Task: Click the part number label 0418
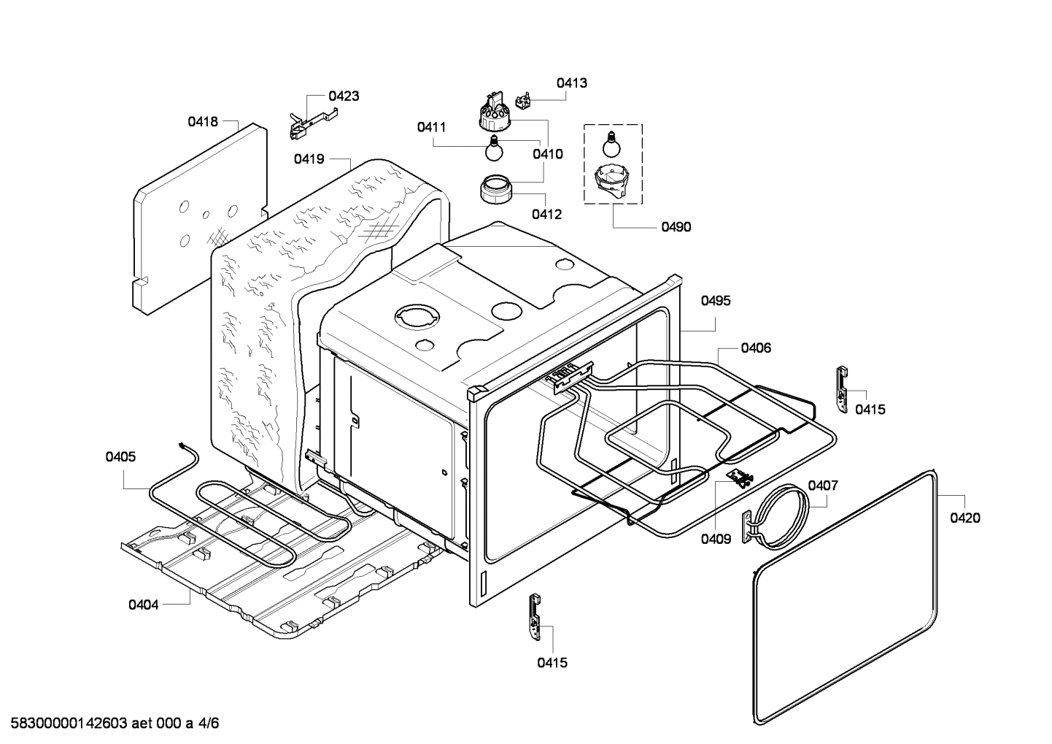point(203,122)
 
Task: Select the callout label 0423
point(343,96)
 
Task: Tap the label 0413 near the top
point(571,83)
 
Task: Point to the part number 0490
point(676,227)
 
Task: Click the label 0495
point(716,301)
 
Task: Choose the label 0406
point(756,348)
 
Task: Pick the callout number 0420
point(965,518)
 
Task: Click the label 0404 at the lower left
point(144,605)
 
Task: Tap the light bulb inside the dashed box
point(611,144)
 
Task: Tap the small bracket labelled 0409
point(741,478)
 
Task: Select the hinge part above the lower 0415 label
point(535,616)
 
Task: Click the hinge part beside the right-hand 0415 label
point(842,389)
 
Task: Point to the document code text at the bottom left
point(110,724)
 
